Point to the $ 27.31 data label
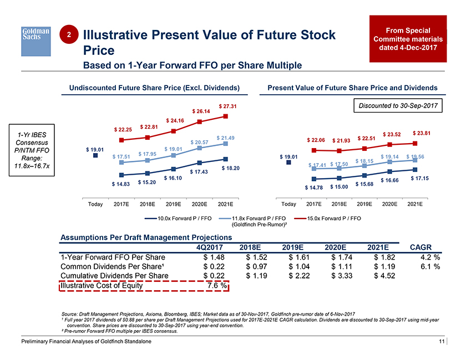click(228, 106)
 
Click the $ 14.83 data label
click(120, 184)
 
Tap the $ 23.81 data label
click(422, 133)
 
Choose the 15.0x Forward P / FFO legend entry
click(330, 219)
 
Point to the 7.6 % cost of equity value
click(214, 286)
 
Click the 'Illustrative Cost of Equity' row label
click(99, 286)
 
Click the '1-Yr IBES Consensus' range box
click(32, 153)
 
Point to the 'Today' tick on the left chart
click(95, 204)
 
